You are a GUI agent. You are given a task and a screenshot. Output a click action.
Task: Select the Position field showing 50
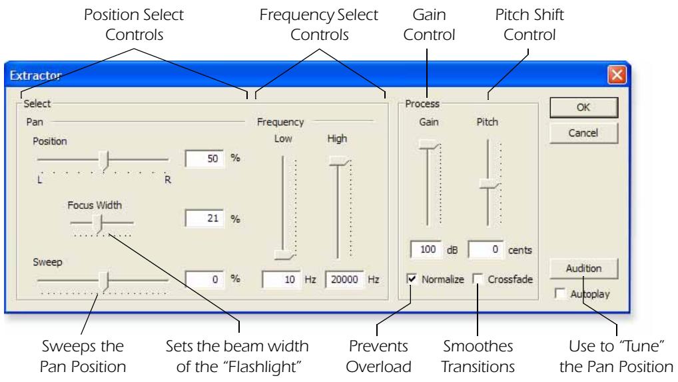coord(205,160)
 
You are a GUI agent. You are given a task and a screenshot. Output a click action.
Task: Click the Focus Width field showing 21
coord(205,218)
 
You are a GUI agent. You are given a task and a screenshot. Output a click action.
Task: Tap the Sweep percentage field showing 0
coord(205,280)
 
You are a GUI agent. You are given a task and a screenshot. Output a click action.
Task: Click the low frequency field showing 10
coord(281,280)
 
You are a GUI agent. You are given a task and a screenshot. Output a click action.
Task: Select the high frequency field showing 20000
coord(344,280)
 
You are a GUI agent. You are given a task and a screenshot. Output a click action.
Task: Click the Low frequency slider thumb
coord(284,254)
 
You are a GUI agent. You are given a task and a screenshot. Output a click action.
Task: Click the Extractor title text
coord(34,76)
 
